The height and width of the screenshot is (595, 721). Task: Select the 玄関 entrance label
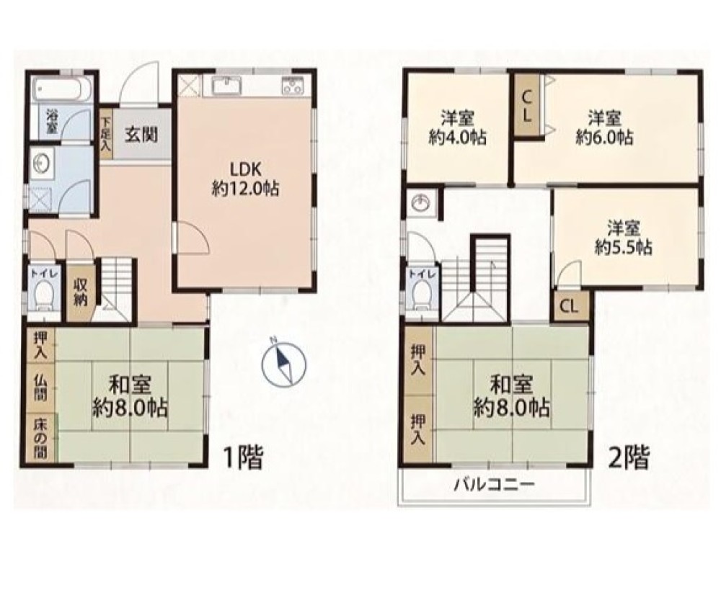pos(142,135)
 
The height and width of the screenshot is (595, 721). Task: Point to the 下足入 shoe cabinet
pos(106,134)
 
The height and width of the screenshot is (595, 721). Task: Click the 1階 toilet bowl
pos(45,295)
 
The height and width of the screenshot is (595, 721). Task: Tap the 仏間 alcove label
pos(40,387)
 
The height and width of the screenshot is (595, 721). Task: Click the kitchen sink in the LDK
pos(226,86)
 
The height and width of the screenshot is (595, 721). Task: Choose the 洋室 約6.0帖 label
pos(604,127)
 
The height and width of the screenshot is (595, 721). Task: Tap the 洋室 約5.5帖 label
pos(624,238)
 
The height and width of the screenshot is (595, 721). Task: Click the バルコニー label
pos(495,486)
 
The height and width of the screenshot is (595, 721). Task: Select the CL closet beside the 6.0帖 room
pos(528,105)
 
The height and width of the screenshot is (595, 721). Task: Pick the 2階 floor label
pos(629,457)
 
